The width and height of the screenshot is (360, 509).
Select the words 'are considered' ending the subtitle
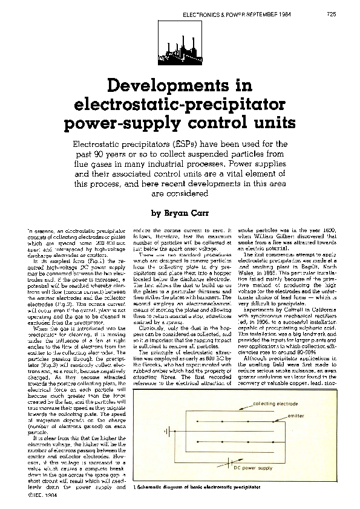(180, 194)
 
